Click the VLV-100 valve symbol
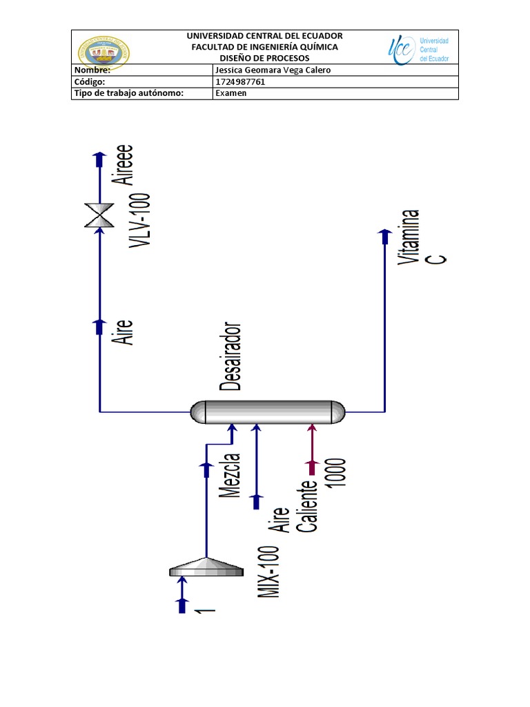pos(100,215)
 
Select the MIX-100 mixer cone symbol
pos(206,568)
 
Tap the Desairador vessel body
pos(268,412)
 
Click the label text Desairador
pos(230,356)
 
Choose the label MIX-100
pos(270,572)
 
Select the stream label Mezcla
pos(230,476)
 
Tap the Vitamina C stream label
pos(422,238)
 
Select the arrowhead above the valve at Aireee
pos(100,159)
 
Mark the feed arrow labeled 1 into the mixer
pos(183,595)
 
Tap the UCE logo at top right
pos(418,49)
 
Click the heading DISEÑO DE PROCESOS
pos(265,58)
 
